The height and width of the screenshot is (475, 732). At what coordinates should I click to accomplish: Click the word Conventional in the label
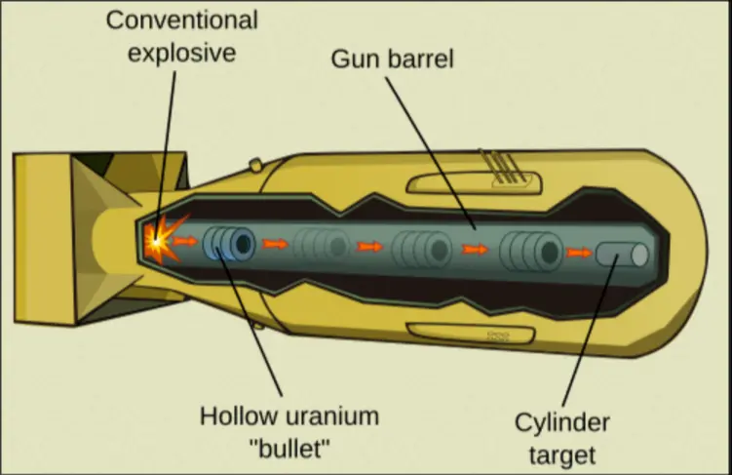tap(181, 20)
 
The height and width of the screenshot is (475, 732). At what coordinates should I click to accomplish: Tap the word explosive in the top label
tap(183, 51)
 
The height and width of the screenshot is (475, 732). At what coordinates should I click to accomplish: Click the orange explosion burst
tap(159, 240)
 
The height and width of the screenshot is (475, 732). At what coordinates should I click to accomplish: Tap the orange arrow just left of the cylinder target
tap(579, 253)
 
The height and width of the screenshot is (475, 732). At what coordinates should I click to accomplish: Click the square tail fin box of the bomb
tap(49, 239)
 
